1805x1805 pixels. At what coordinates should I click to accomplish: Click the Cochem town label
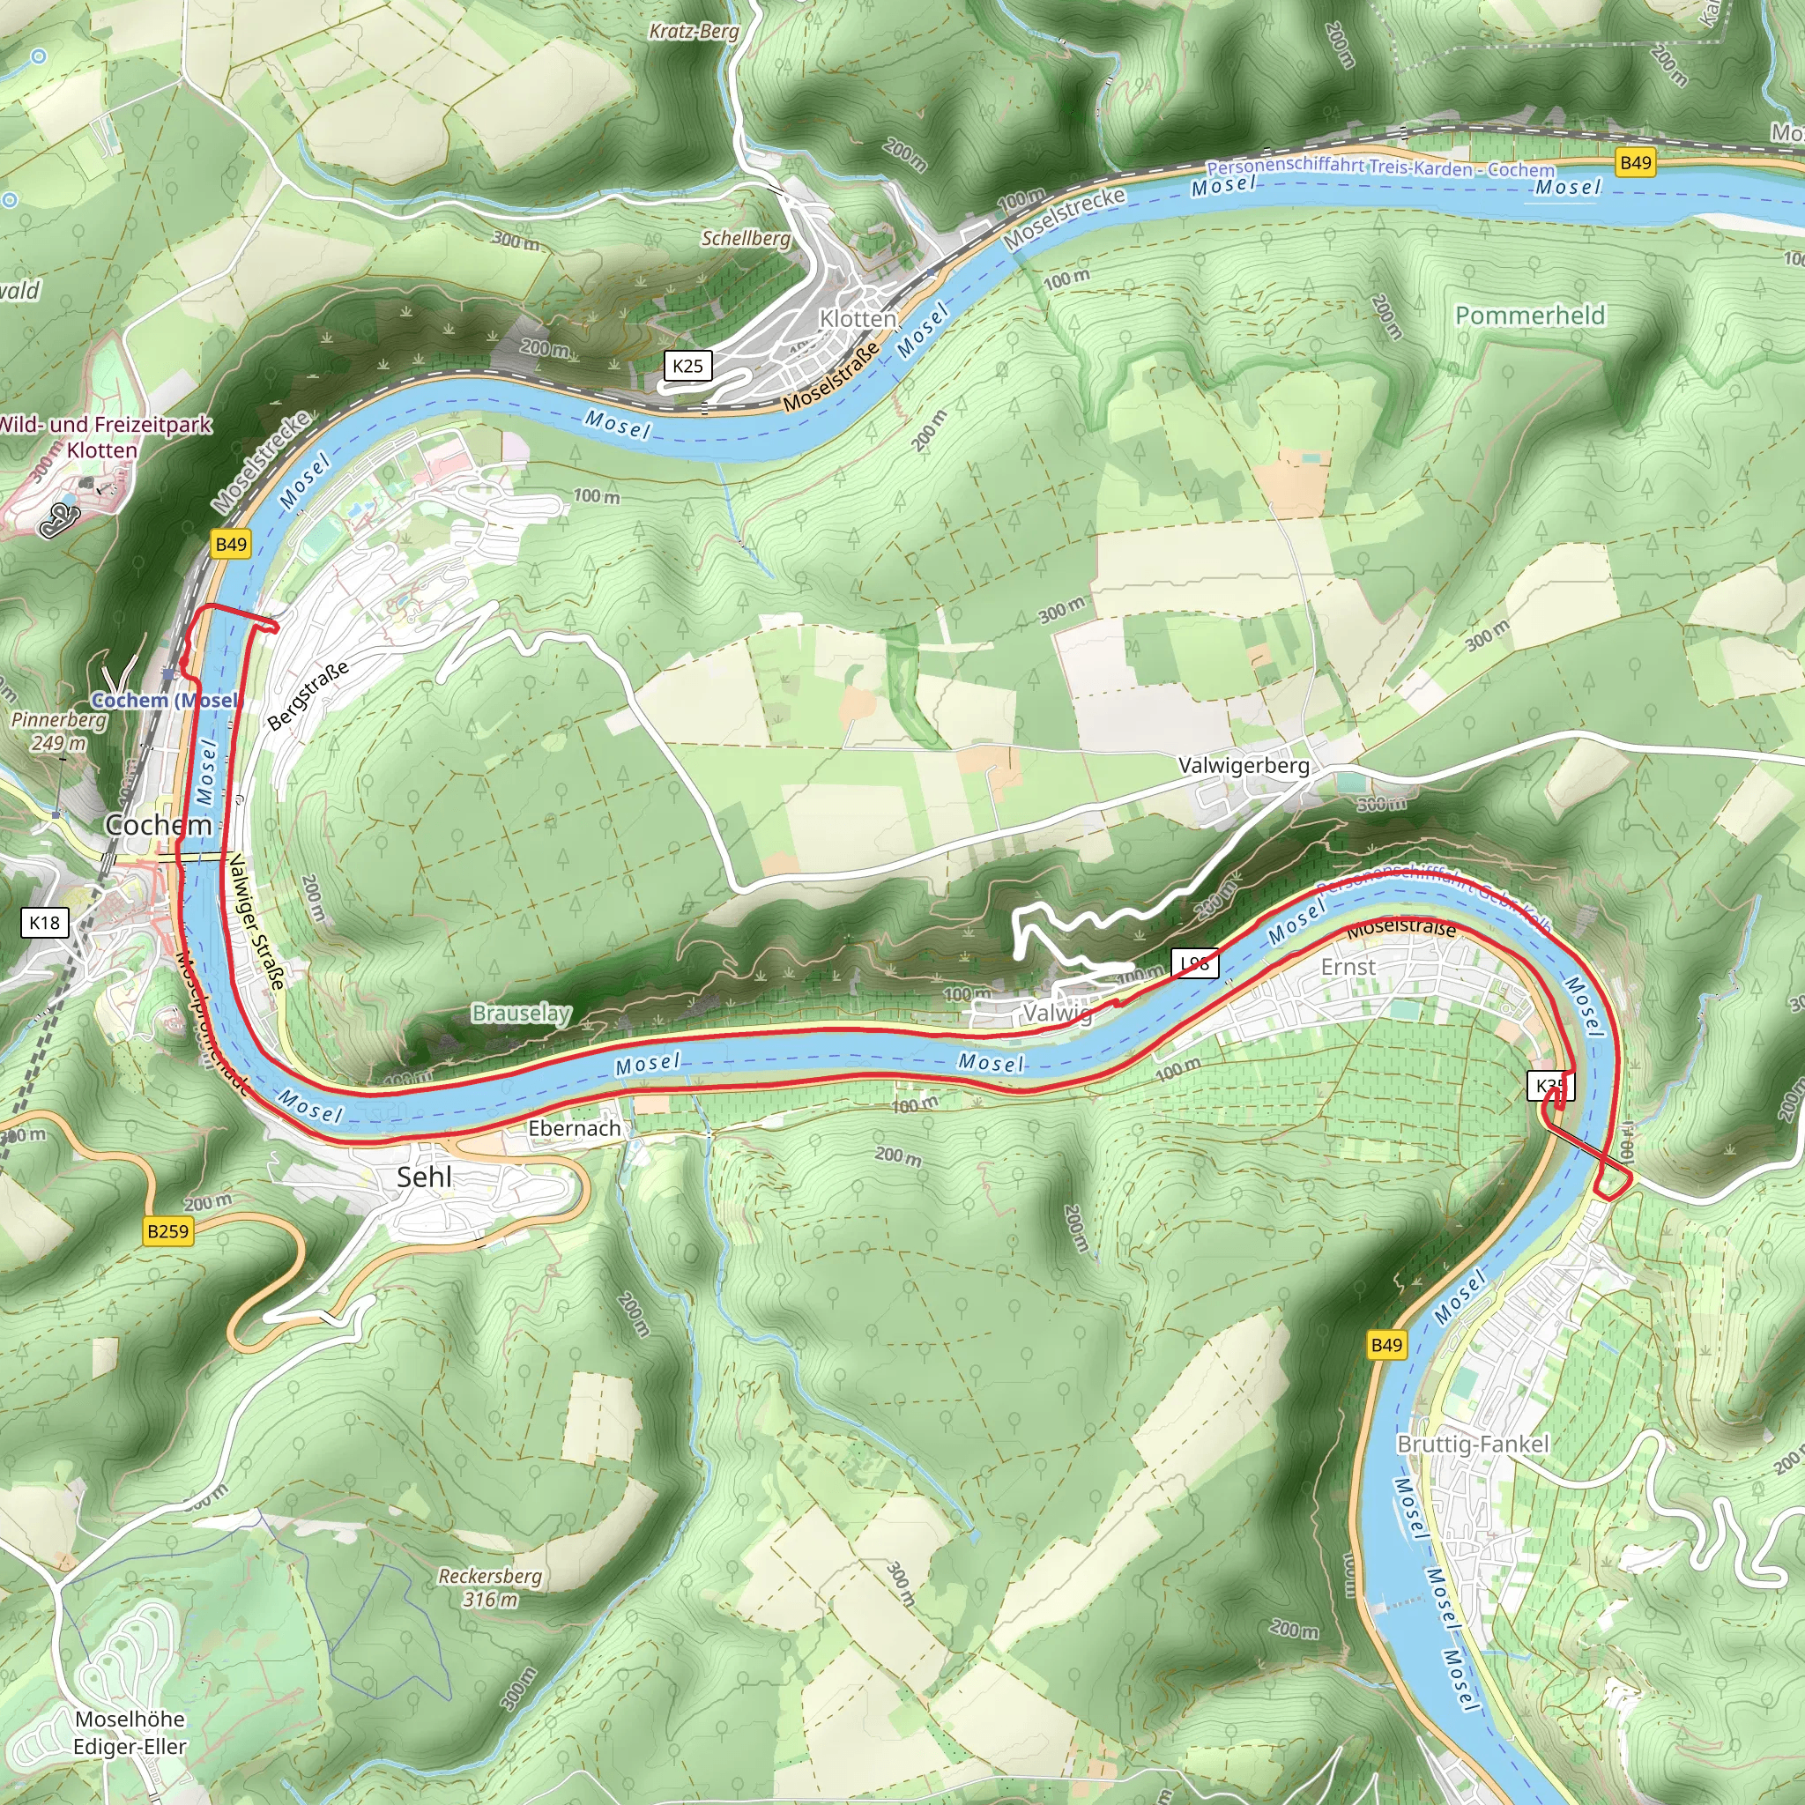158,824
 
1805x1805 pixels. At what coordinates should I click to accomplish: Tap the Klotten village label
857,318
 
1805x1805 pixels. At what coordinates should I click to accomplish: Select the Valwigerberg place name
1244,765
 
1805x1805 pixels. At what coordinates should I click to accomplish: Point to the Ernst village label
1348,967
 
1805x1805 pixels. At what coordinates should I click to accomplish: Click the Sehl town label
424,1177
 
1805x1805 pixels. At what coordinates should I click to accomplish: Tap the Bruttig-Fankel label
1473,1444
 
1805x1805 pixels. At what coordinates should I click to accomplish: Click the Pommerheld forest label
1529,315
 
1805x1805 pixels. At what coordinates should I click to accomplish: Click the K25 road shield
687,365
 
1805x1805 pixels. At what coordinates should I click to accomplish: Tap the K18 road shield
44,923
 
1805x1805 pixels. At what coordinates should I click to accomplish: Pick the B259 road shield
168,1230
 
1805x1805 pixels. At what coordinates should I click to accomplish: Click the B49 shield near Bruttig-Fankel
1386,1344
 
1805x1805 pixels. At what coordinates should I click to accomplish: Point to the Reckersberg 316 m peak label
491,1587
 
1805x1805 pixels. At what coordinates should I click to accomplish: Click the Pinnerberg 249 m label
58,732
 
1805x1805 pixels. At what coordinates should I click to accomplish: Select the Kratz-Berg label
694,31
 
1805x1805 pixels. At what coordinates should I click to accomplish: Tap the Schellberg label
746,238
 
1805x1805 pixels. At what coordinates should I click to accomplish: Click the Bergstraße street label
308,695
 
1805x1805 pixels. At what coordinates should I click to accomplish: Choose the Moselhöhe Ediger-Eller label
130,1732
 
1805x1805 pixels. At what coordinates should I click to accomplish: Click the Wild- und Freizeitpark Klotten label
104,436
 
